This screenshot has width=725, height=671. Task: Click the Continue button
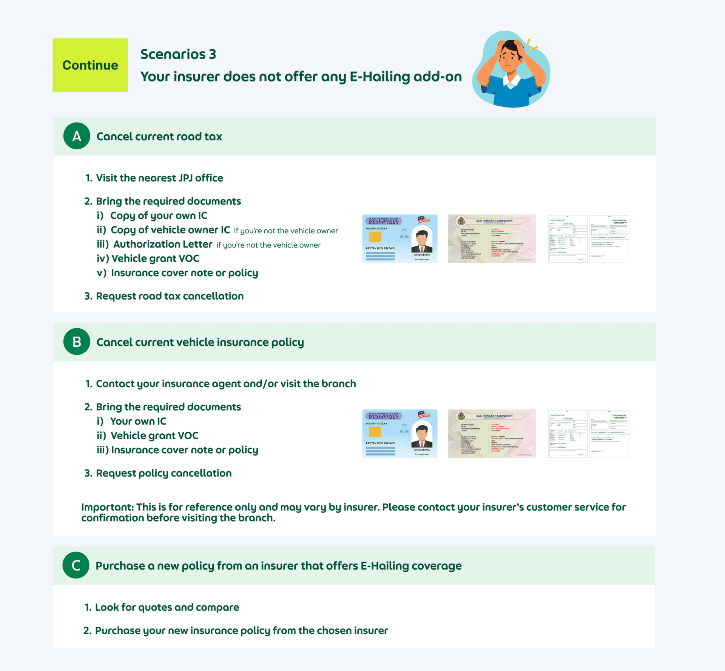(90, 65)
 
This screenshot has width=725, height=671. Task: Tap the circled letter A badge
(77, 136)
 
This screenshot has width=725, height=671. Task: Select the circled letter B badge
(77, 342)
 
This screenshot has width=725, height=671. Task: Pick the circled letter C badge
(76, 565)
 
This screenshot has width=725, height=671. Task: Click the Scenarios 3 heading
(178, 54)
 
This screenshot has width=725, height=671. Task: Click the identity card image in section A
(400, 239)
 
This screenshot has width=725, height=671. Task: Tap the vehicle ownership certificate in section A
(492, 239)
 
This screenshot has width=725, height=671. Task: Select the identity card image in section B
(400, 433)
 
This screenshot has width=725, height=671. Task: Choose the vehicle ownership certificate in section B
(492, 433)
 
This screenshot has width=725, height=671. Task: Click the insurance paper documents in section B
(588, 433)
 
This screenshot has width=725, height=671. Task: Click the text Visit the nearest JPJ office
(159, 178)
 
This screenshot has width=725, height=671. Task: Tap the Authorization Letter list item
(162, 244)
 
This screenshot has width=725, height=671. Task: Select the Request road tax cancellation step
(170, 296)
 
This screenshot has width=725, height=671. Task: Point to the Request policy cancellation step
(164, 473)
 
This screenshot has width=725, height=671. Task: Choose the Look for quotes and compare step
(167, 607)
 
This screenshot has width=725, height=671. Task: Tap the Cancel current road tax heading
(159, 136)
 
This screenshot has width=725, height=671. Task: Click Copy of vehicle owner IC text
(170, 230)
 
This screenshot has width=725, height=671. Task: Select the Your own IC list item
(138, 421)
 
